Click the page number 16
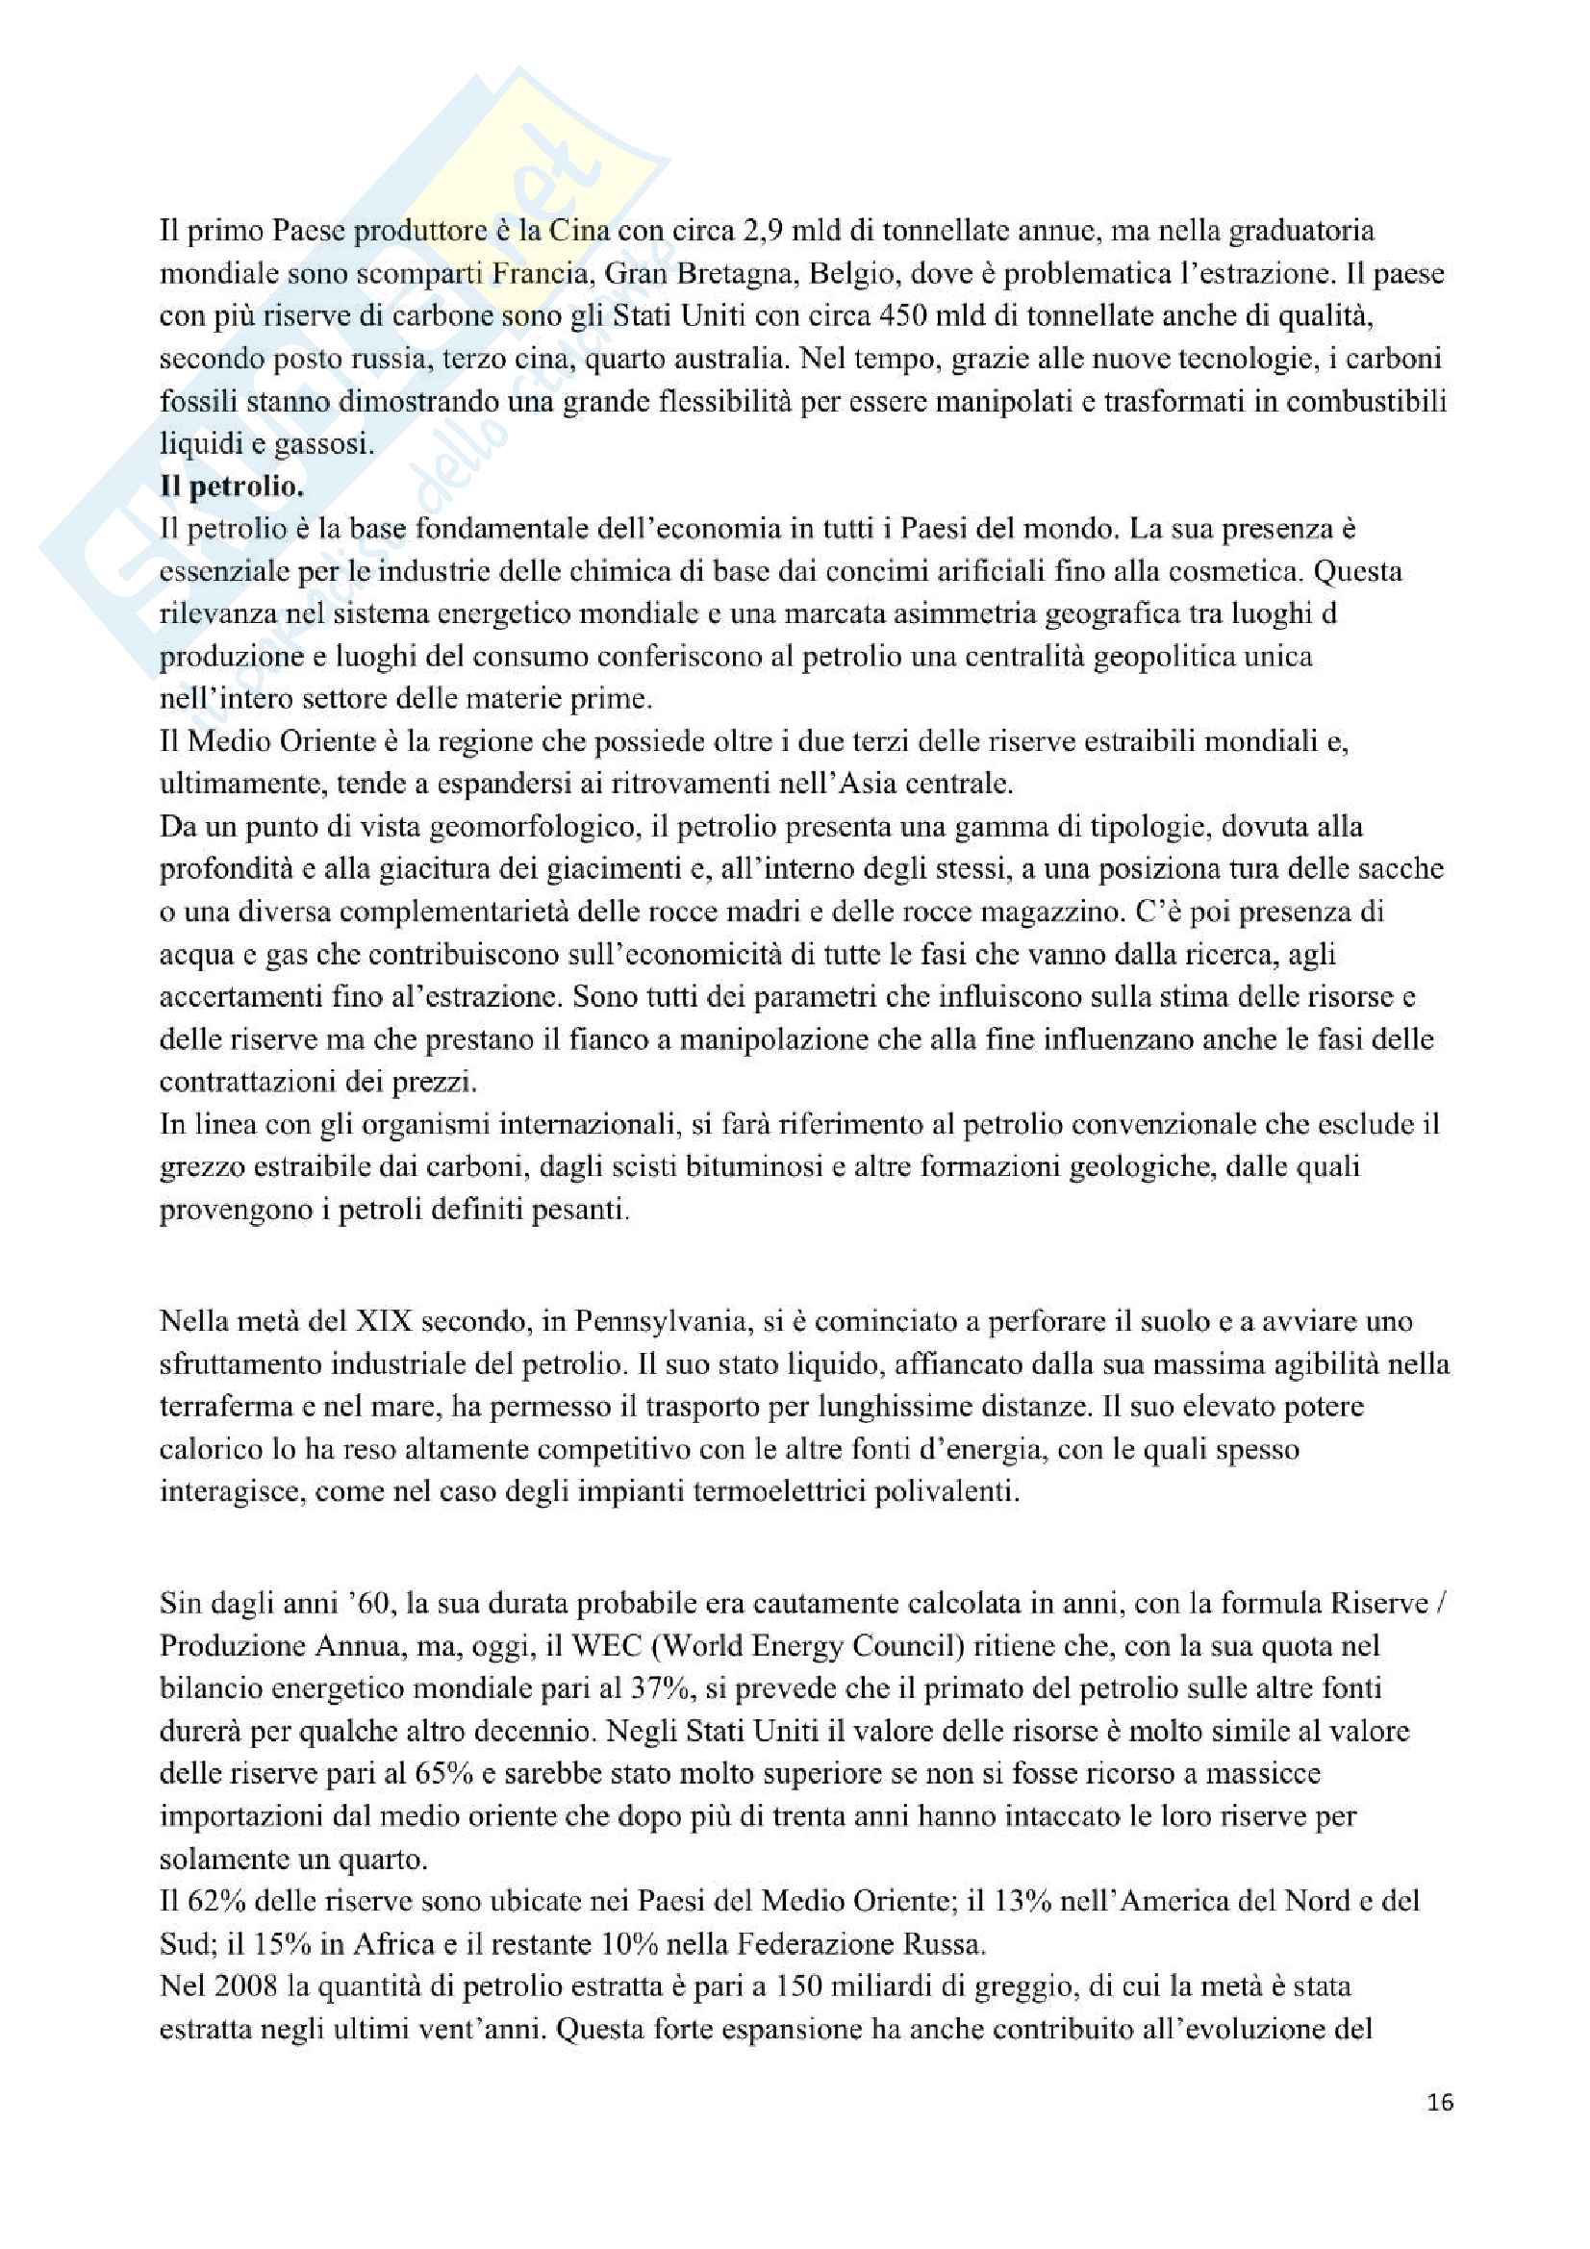1440,2102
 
